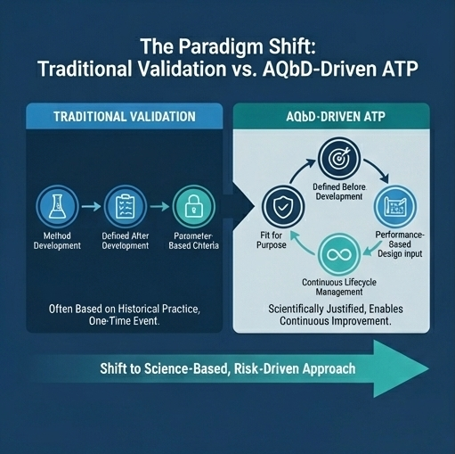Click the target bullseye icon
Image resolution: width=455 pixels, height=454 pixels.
click(338, 155)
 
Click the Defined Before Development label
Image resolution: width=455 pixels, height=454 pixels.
click(338, 190)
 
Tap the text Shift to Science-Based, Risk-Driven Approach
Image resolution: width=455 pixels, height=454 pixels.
click(228, 368)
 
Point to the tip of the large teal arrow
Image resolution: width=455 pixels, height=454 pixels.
click(430, 367)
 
